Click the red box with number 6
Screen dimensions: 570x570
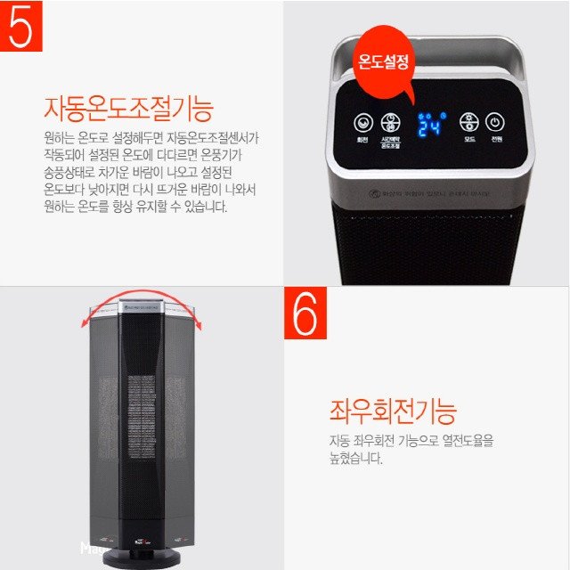tap(305, 313)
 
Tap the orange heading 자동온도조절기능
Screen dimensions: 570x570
tap(129, 109)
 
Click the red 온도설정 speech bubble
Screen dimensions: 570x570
tap(383, 62)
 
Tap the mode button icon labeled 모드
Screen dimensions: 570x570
tap(468, 123)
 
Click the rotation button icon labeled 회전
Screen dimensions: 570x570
tap(362, 123)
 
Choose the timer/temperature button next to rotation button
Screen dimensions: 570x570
tap(390, 123)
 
